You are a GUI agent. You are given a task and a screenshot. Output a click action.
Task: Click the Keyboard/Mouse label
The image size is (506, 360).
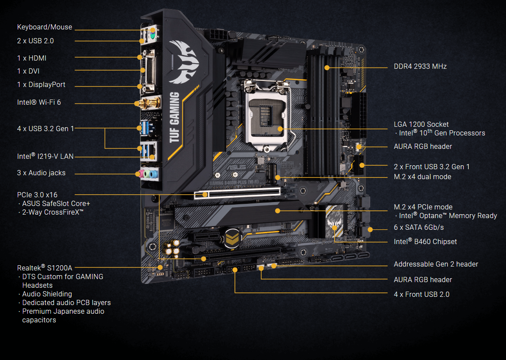[45, 27]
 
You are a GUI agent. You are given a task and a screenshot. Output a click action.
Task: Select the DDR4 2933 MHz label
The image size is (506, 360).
[420, 67]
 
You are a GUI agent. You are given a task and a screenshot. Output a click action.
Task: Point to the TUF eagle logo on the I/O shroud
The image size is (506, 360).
[186, 61]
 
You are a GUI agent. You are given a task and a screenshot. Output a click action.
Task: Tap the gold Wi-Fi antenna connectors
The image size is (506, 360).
[147, 103]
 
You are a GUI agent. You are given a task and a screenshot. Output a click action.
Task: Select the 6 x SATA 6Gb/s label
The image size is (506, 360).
[419, 227]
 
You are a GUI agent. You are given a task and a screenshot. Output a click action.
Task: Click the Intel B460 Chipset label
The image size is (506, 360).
[425, 241]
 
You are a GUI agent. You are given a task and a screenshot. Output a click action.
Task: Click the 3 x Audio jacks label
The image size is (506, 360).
[42, 173]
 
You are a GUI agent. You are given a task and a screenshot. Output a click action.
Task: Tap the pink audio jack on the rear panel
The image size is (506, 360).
[141, 174]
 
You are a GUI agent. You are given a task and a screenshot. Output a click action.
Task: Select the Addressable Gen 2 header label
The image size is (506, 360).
[436, 264]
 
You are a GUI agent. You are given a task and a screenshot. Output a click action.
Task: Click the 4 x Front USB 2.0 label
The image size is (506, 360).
[421, 294]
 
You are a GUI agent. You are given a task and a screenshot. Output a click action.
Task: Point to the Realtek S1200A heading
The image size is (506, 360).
[45, 268]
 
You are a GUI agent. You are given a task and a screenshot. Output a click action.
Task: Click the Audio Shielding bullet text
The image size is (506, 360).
[47, 294]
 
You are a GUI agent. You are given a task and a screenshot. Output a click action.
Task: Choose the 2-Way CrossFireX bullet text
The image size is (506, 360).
[53, 212]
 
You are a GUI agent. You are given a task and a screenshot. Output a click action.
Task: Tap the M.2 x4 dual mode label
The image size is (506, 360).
[422, 177]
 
